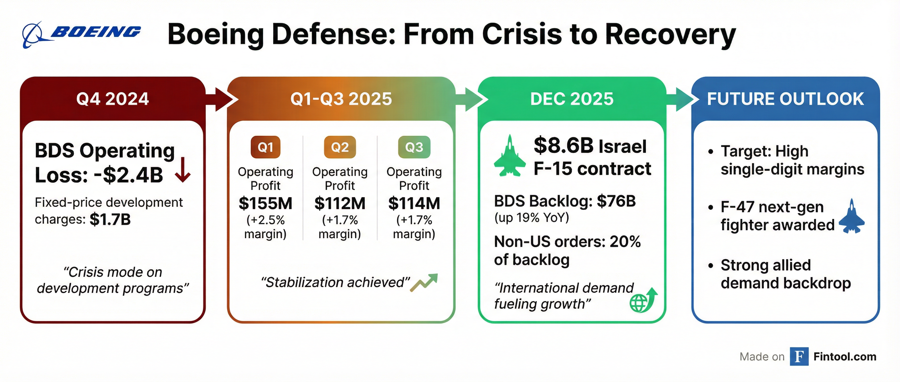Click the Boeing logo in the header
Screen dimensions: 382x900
coord(81,34)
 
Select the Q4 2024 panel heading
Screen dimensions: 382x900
coord(113,99)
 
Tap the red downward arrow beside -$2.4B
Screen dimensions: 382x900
coord(183,170)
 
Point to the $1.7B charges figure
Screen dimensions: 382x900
coord(110,219)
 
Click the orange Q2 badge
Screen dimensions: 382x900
coord(339,147)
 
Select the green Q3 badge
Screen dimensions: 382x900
coord(414,147)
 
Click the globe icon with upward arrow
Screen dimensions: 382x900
coord(643,300)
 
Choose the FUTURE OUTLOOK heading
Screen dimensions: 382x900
coord(785,99)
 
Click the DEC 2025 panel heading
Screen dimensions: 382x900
coord(572,99)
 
